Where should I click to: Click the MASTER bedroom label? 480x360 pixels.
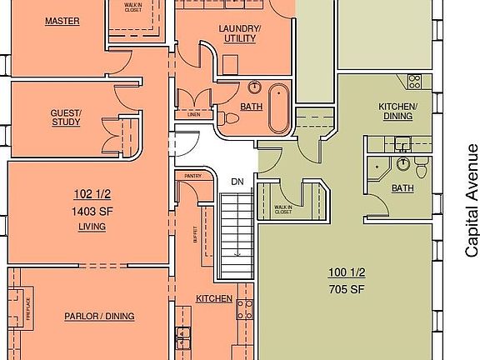62,21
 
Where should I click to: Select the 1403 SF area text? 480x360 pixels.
92,211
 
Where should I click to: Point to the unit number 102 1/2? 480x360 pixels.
92,196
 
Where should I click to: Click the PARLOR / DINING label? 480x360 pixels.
99,317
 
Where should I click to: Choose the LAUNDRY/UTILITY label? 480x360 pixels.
240,34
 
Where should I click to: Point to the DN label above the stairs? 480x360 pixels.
237,181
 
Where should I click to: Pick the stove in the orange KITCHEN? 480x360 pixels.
244,309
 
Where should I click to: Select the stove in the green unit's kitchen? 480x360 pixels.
414,81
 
